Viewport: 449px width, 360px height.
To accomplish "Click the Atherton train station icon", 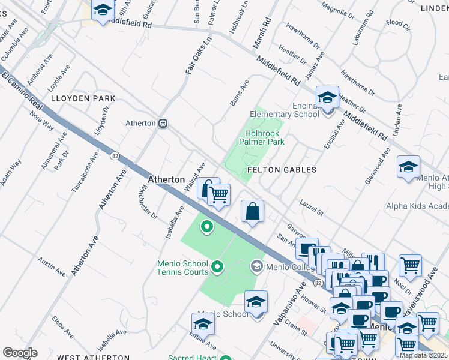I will (x=163, y=123).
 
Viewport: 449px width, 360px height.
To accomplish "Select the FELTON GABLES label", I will (x=282, y=170).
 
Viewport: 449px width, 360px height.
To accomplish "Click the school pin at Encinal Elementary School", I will (x=327, y=98).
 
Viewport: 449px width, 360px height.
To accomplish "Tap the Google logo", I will (x=20, y=353).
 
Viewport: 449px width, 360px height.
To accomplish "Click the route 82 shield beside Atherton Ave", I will (x=114, y=156).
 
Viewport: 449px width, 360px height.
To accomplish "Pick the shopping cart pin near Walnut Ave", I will (x=220, y=194).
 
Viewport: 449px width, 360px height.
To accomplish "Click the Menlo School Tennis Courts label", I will (x=182, y=267).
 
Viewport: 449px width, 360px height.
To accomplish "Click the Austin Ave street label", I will (x=52, y=266).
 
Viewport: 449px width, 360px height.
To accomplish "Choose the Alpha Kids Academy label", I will (x=417, y=206).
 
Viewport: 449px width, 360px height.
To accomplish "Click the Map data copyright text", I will (x=423, y=355).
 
